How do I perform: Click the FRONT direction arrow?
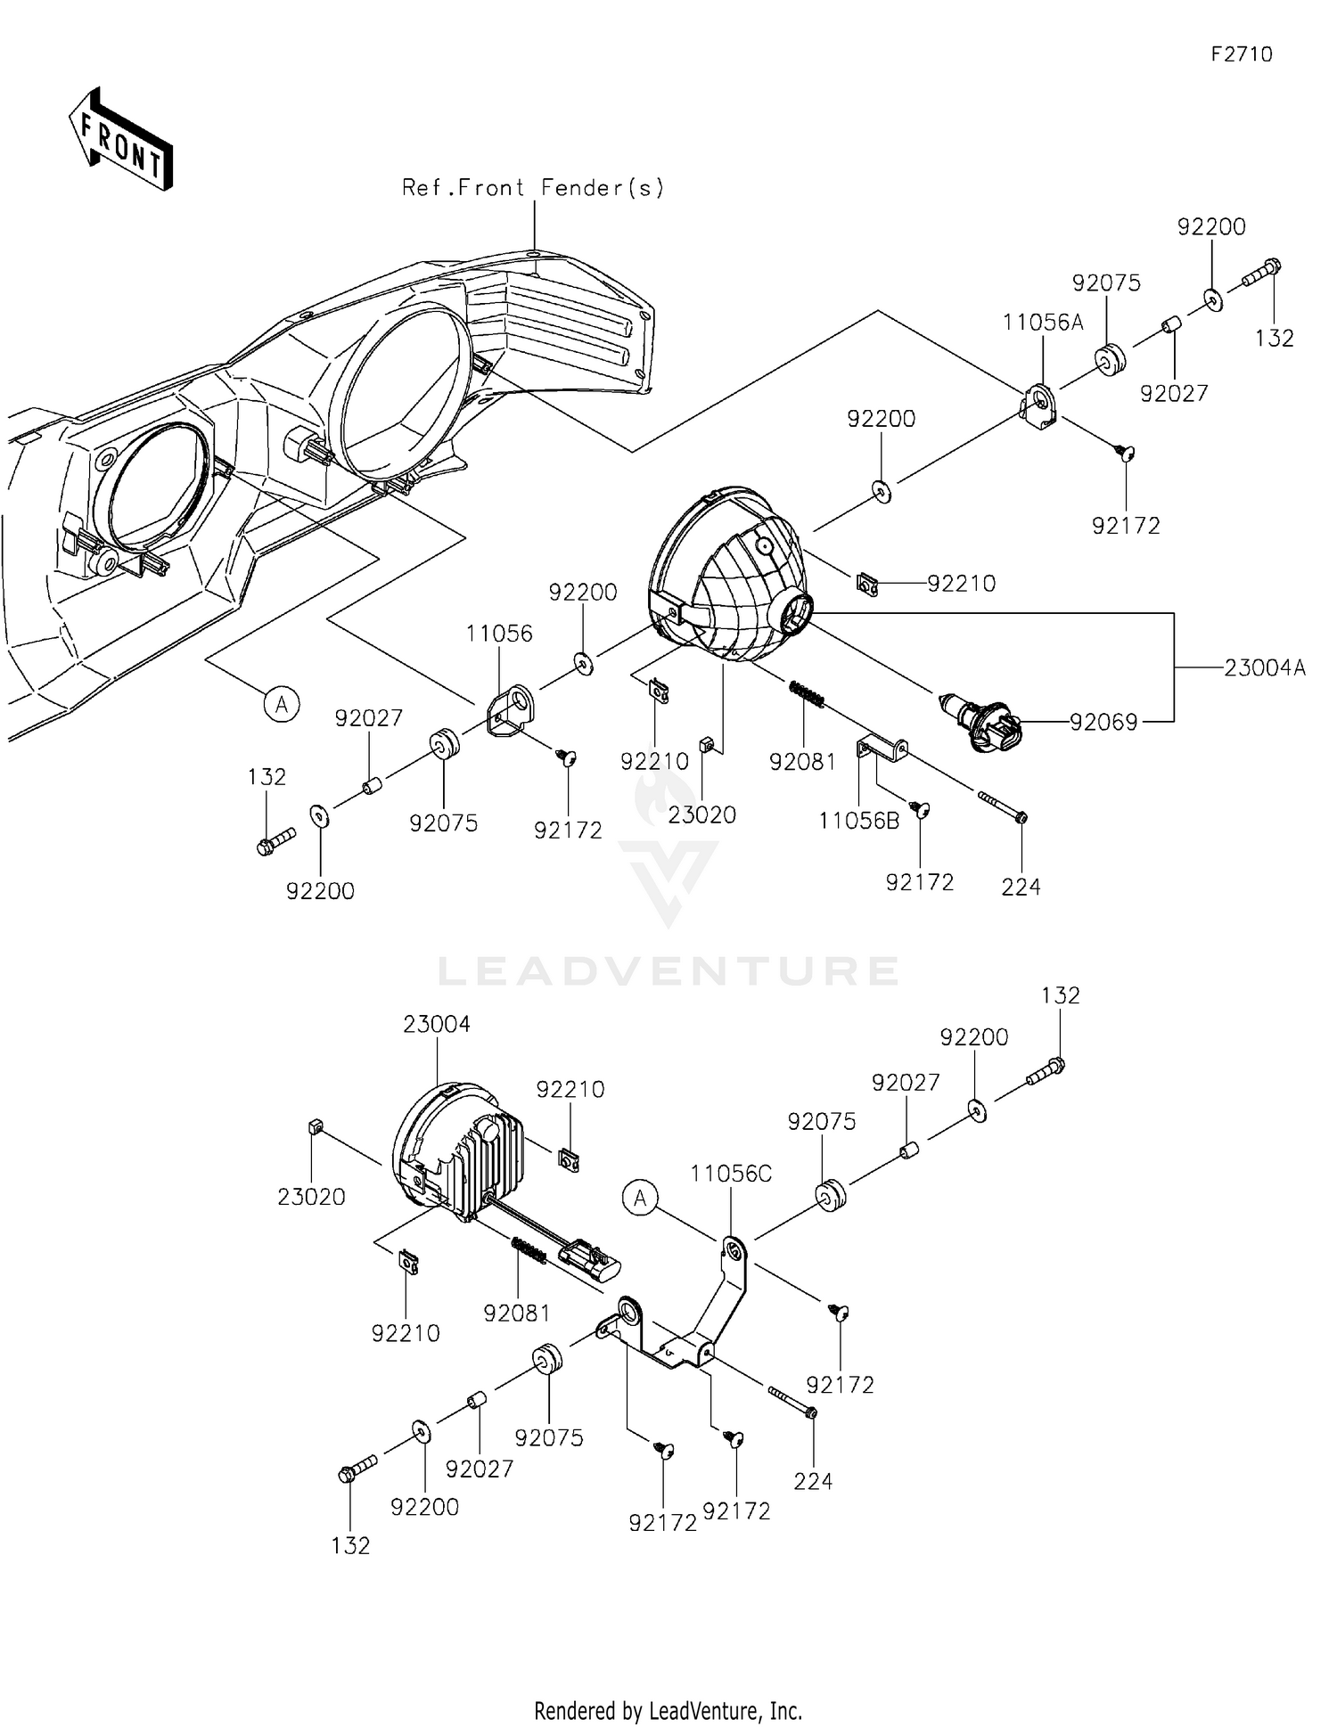click(x=120, y=139)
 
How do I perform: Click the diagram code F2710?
click(x=1242, y=54)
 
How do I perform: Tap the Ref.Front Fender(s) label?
click(x=533, y=187)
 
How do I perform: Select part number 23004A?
click(x=1265, y=667)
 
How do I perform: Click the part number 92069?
click(x=1103, y=722)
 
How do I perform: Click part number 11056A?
click(x=1043, y=323)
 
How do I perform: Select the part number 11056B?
click(x=859, y=821)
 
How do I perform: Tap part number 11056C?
click(x=731, y=1174)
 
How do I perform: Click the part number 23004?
click(x=437, y=1024)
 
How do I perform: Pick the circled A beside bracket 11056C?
click(x=641, y=1199)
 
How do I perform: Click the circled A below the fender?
click(x=282, y=704)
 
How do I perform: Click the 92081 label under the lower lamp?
click(x=517, y=1313)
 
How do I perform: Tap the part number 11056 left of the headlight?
click(x=499, y=634)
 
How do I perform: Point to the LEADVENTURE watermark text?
click(x=668, y=970)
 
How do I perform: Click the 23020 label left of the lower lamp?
click(x=311, y=1197)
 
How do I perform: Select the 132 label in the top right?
click(x=1275, y=338)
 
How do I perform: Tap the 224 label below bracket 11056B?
click(x=1021, y=887)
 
